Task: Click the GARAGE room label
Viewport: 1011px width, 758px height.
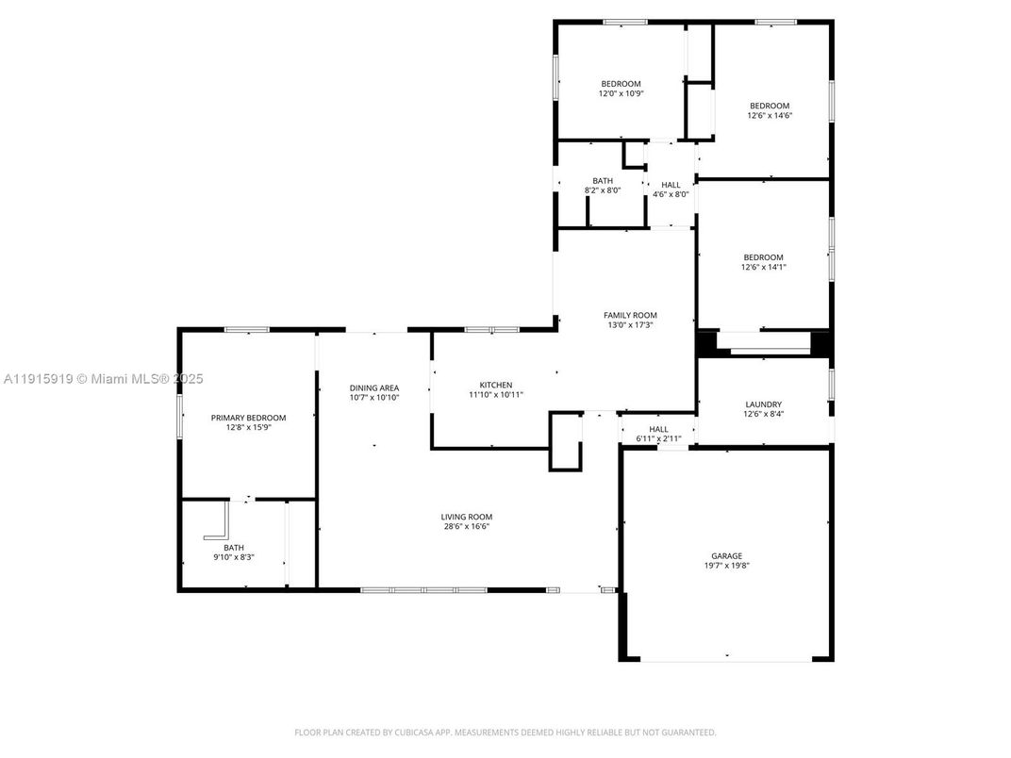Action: click(x=726, y=555)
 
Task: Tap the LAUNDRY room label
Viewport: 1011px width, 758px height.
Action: click(x=763, y=404)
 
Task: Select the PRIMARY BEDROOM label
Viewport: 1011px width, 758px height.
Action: click(x=248, y=418)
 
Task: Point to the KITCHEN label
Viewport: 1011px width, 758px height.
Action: click(x=496, y=385)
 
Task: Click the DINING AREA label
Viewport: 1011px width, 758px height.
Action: click(x=374, y=387)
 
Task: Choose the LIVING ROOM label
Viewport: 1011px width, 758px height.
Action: click(x=467, y=517)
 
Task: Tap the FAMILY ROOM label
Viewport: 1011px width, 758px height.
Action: click(x=630, y=315)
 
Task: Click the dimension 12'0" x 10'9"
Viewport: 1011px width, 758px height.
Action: click(x=620, y=93)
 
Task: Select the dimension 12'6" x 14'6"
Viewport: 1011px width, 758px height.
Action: click(x=770, y=115)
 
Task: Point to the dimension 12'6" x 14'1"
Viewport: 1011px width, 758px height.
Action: click(x=763, y=267)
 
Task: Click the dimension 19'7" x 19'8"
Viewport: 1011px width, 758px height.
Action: click(x=726, y=566)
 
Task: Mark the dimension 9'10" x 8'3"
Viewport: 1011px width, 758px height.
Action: click(x=233, y=557)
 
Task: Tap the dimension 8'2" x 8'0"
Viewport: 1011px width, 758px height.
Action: click(x=603, y=190)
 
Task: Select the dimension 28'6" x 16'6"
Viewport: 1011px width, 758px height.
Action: click(x=467, y=526)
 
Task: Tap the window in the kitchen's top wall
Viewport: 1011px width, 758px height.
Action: click(x=491, y=330)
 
